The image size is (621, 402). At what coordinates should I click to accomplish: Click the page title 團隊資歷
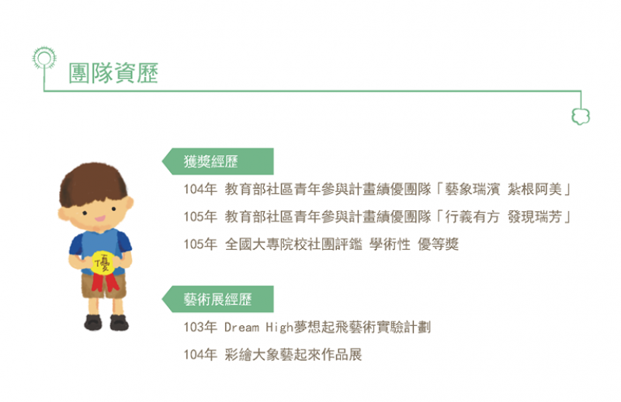(113, 73)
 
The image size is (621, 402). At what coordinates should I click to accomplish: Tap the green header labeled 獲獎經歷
(218, 161)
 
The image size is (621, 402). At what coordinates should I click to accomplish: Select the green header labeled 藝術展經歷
(218, 299)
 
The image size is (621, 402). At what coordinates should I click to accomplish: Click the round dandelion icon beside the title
(44, 58)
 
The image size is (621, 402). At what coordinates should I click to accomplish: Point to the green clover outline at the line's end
(581, 116)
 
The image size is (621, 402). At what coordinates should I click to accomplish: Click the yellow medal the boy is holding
(103, 263)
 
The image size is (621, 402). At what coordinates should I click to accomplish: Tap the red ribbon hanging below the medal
(105, 282)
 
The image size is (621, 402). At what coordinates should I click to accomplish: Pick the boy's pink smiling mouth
(99, 218)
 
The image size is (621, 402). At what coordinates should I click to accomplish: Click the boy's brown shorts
(104, 285)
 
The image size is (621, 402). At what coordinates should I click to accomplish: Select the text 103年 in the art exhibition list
(200, 327)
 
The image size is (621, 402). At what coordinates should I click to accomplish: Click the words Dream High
(258, 327)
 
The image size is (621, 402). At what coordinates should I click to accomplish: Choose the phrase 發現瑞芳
(535, 217)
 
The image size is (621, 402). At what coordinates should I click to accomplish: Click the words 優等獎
(439, 244)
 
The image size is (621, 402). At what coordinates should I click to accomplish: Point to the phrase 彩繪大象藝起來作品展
(293, 355)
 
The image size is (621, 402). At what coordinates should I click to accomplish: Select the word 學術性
(390, 244)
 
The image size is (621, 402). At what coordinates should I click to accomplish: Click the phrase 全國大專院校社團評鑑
(293, 244)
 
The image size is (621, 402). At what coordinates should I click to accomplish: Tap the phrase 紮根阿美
(535, 189)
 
